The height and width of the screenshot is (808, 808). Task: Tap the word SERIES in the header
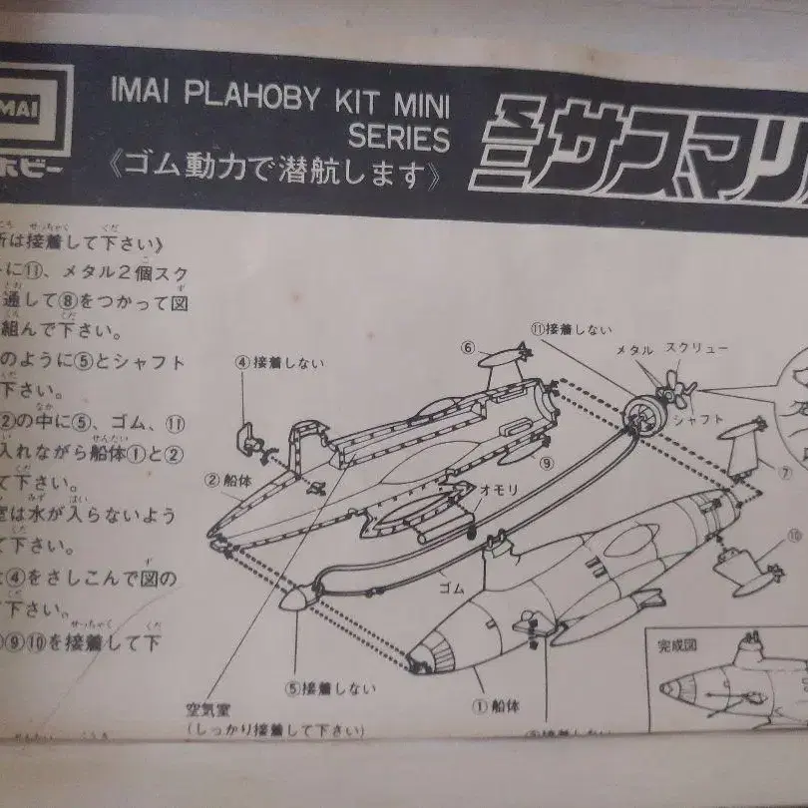[x=398, y=137]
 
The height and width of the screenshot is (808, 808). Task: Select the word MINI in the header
[x=416, y=102]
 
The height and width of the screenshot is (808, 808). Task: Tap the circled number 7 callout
[x=785, y=472]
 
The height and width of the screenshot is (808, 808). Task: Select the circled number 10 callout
[x=794, y=536]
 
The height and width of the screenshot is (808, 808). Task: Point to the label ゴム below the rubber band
[x=452, y=589]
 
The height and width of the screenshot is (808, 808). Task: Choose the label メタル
[x=634, y=351]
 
